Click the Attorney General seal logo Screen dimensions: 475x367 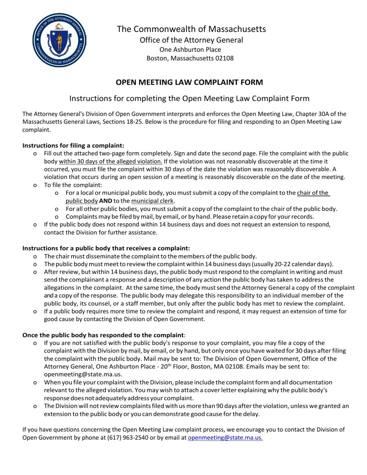point(59,40)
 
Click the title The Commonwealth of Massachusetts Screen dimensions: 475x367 point(191,29)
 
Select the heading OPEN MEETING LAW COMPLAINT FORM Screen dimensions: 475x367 point(189,82)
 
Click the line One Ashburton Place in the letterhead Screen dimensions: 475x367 point(190,50)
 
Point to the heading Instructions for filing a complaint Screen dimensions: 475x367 point(73,146)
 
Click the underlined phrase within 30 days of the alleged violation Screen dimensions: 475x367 point(110,162)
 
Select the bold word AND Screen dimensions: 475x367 point(106,201)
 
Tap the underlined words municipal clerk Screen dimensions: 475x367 point(152,201)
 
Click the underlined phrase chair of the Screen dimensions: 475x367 point(313,193)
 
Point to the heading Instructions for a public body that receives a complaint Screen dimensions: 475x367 point(106,249)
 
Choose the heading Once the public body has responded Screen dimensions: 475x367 point(103,335)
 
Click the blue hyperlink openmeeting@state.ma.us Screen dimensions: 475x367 point(225,438)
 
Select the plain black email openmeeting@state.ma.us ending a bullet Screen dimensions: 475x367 point(83,374)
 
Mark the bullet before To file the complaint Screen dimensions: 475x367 point(35,185)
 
